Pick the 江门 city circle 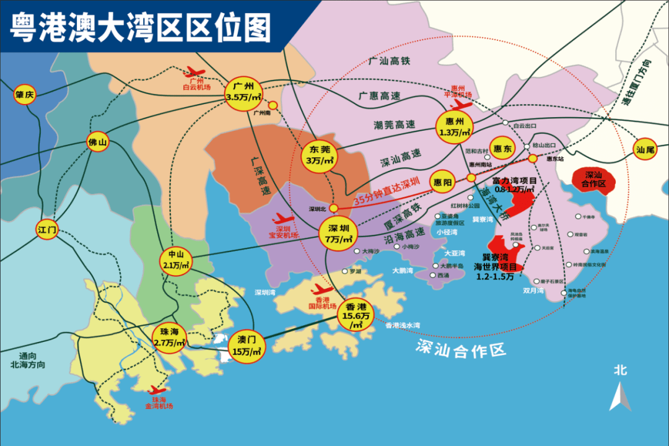(x=47, y=230)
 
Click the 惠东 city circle (x=502, y=149)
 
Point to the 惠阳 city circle (x=444, y=181)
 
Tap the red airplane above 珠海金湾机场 (x=157, y=391)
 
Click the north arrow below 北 (x=620, y=396)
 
